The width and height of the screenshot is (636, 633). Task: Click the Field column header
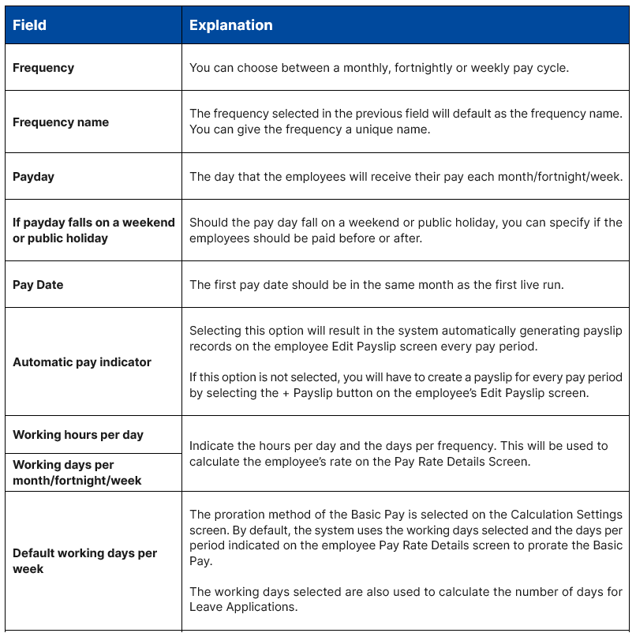pyautogui.click(x=29, y=25)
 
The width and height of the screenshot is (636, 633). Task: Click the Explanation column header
pyautogui.click(x=230, y=25)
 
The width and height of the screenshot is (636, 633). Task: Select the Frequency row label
pyautogui.click(x=43, y=68)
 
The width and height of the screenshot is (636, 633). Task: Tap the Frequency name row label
pyautogui.click(x=61, y=122)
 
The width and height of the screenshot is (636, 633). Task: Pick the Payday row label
pyautogui.click(x=33, y=177)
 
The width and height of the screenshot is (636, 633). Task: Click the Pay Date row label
pyautogui.click(x=38, y=285)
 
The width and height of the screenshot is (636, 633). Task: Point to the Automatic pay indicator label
pyautogui.click(x=82, y=362)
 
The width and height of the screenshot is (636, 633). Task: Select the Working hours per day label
pyautogui.click(x=78, y=435)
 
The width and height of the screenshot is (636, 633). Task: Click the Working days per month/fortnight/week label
pyautogui.click(x=77, y=473)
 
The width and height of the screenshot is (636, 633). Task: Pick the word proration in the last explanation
pyautogui.click(x=239, y=515)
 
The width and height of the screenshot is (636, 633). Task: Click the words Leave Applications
pyautogui.click(x=234, y=607)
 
